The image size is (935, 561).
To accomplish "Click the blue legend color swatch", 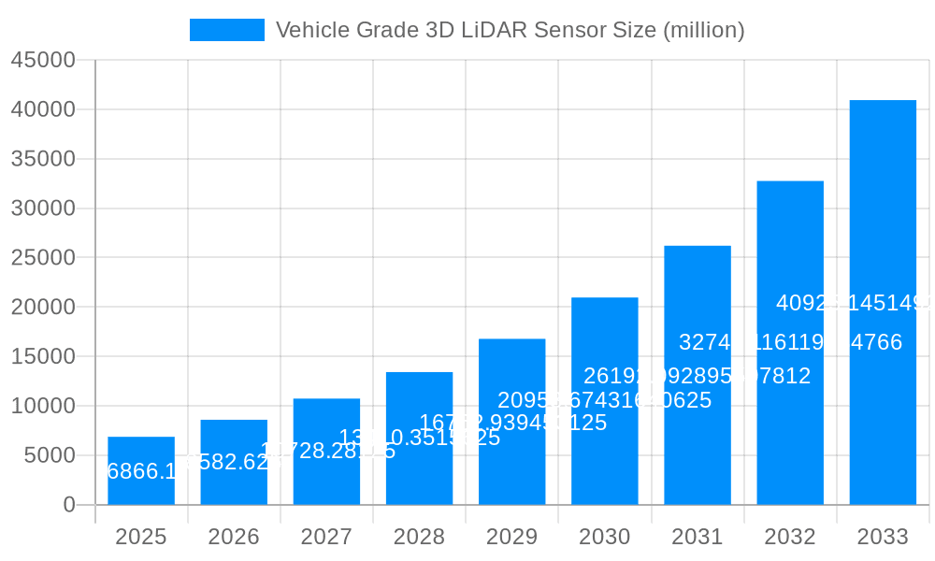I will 226,30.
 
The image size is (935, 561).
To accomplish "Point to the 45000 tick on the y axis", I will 43,60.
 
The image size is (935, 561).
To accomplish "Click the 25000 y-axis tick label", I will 43,258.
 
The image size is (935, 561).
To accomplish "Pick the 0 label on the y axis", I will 69,505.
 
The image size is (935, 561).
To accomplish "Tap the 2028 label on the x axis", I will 419,537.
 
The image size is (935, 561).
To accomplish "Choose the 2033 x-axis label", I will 883,537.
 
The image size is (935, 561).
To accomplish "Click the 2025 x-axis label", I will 140,537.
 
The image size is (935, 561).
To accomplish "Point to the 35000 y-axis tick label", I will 43,159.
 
